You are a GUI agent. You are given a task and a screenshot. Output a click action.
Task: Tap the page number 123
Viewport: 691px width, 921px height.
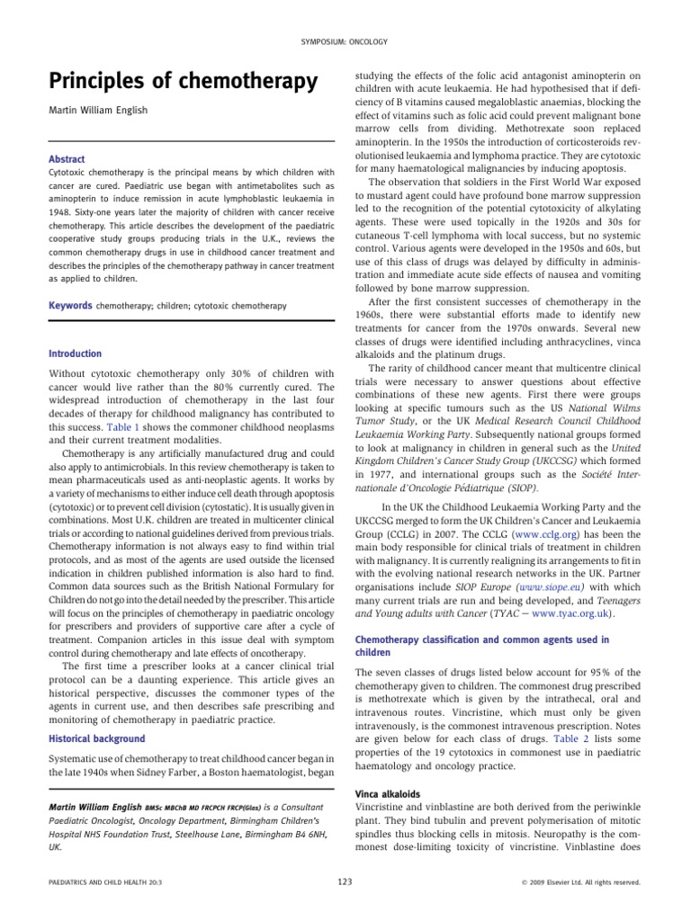tap(345, 881)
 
